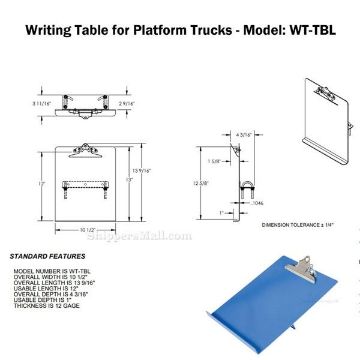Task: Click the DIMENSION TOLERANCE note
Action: coord(296,228)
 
